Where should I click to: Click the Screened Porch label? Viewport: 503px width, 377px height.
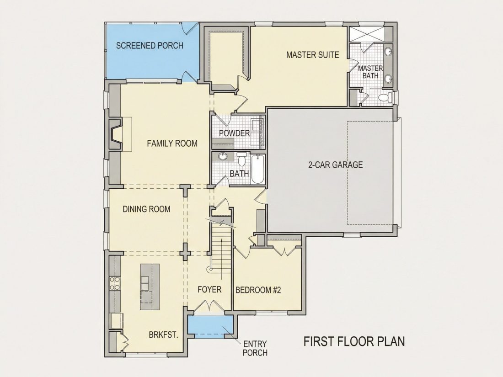click(150, 46)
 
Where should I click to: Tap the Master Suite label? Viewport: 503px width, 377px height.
click(312, 55)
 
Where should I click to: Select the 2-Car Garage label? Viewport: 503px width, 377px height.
click(335, 165)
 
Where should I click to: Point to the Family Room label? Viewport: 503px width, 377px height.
click(172, 143)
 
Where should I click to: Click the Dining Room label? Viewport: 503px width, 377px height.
click(146, 209)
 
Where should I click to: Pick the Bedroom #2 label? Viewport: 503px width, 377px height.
click(258, 291)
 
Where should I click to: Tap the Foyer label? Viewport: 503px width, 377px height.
click(209, 290)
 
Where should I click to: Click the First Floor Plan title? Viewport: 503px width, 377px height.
click(354, 341)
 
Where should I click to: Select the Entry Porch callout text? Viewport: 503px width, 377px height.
click(255, 349)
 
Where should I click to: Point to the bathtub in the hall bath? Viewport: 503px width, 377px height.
click(257, 169)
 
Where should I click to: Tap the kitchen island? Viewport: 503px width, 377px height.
click(150, 287)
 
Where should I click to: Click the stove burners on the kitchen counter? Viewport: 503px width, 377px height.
click(115, 283)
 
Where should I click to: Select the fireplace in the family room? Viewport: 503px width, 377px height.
click(116, 134)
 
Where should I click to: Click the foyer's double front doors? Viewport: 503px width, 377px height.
click(209, 306)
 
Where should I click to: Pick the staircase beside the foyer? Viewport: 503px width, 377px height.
click(221, 246)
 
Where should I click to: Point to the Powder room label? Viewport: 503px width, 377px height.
click(234, 133)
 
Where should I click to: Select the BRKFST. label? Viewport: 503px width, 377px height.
click(163, 335)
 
